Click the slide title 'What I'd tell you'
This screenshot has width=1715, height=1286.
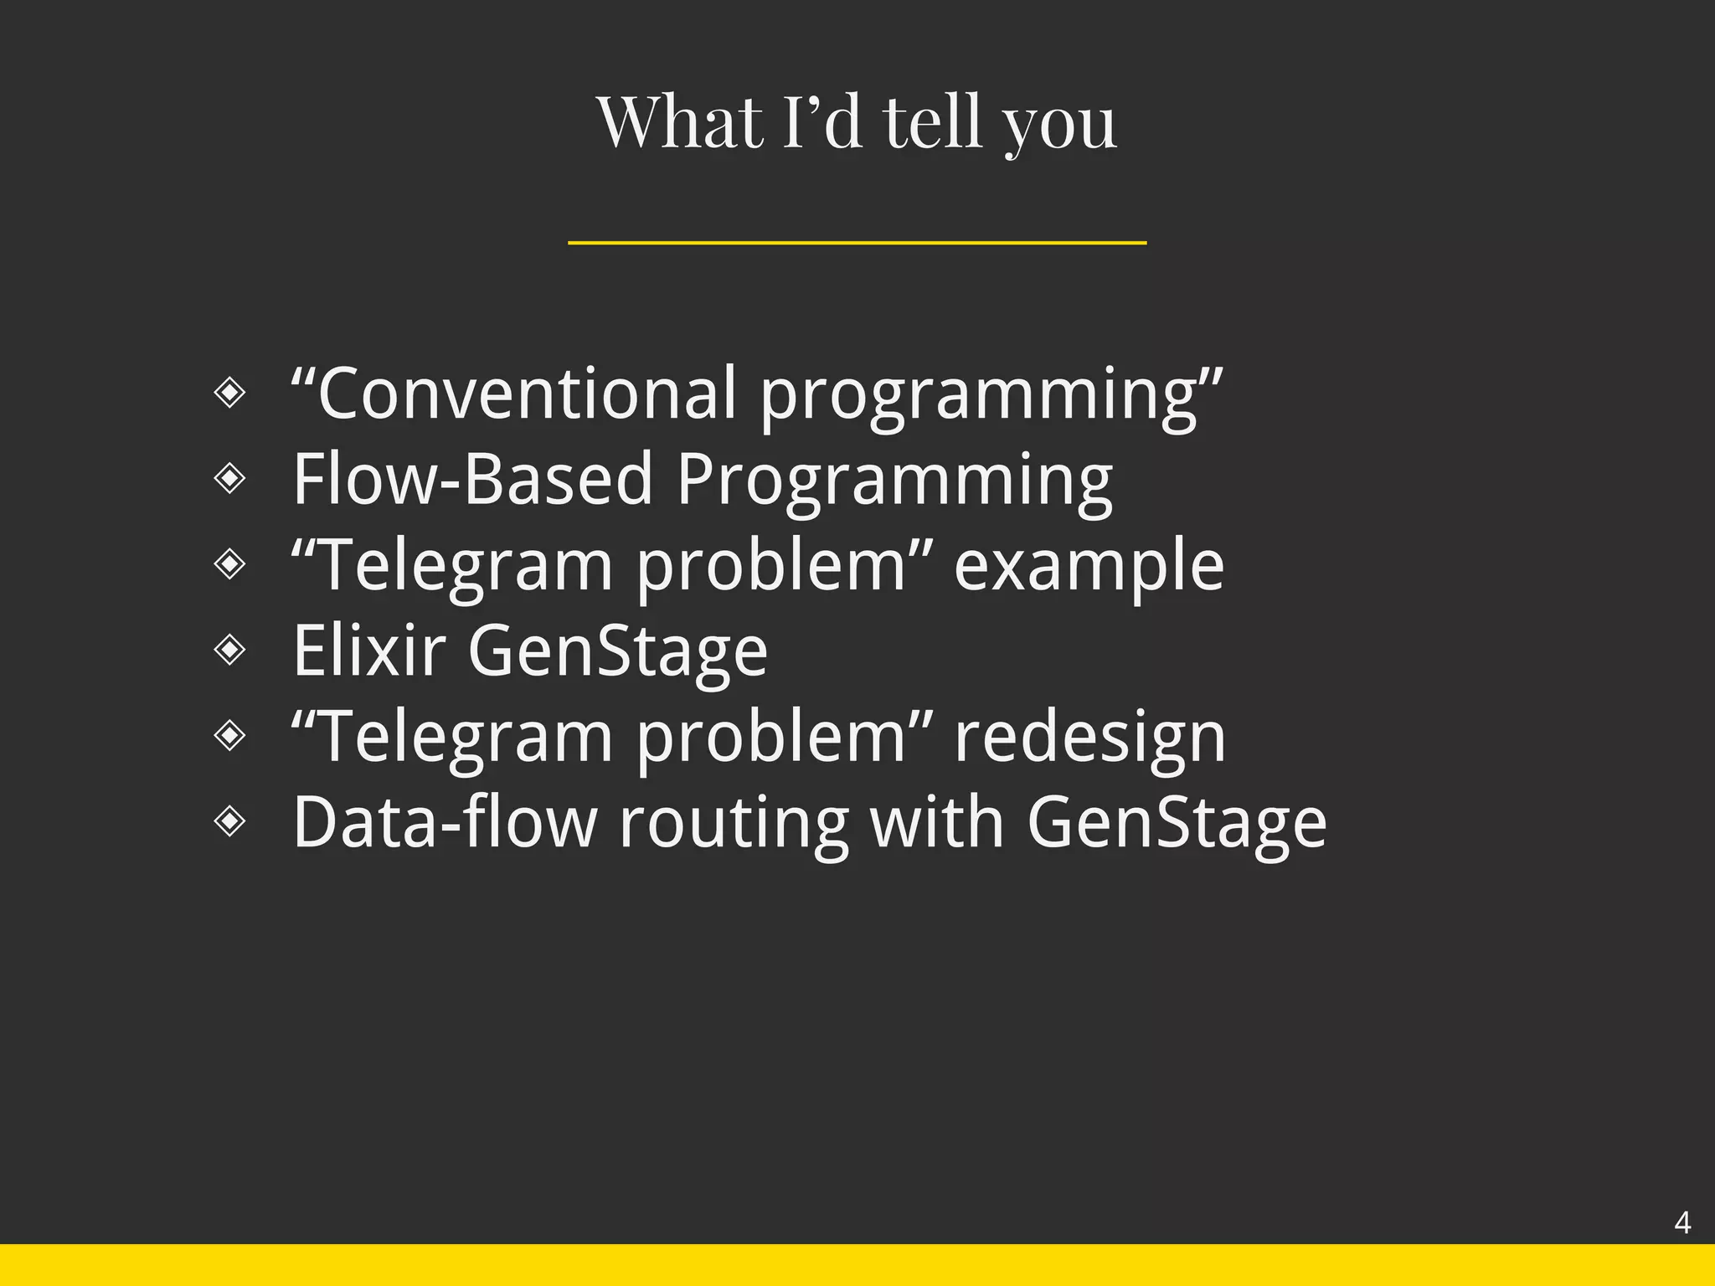coord(857,122)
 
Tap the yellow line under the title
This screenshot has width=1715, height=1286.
coord(857,243)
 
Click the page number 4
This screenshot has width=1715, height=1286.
coord(1682,1223)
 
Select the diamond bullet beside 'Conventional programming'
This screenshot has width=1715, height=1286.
coord(229,392)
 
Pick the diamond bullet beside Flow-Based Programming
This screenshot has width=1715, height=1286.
coord(229,478)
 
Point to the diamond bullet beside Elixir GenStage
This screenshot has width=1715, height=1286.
coord(229,649)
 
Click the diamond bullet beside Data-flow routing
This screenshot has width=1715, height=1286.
coord(229,820)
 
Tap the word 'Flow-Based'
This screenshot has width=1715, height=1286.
coord(472,480)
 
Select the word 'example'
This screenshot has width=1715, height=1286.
coord(1089,566)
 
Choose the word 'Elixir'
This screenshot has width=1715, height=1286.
coord(368,651)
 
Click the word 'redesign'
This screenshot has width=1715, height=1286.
coord(1089,738)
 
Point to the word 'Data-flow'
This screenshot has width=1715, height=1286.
coord(445,822)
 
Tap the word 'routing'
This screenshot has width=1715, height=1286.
coord(734,822)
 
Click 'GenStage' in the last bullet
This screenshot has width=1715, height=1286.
coord(1177,824)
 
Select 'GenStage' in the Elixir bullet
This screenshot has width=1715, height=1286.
coord(617,652)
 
